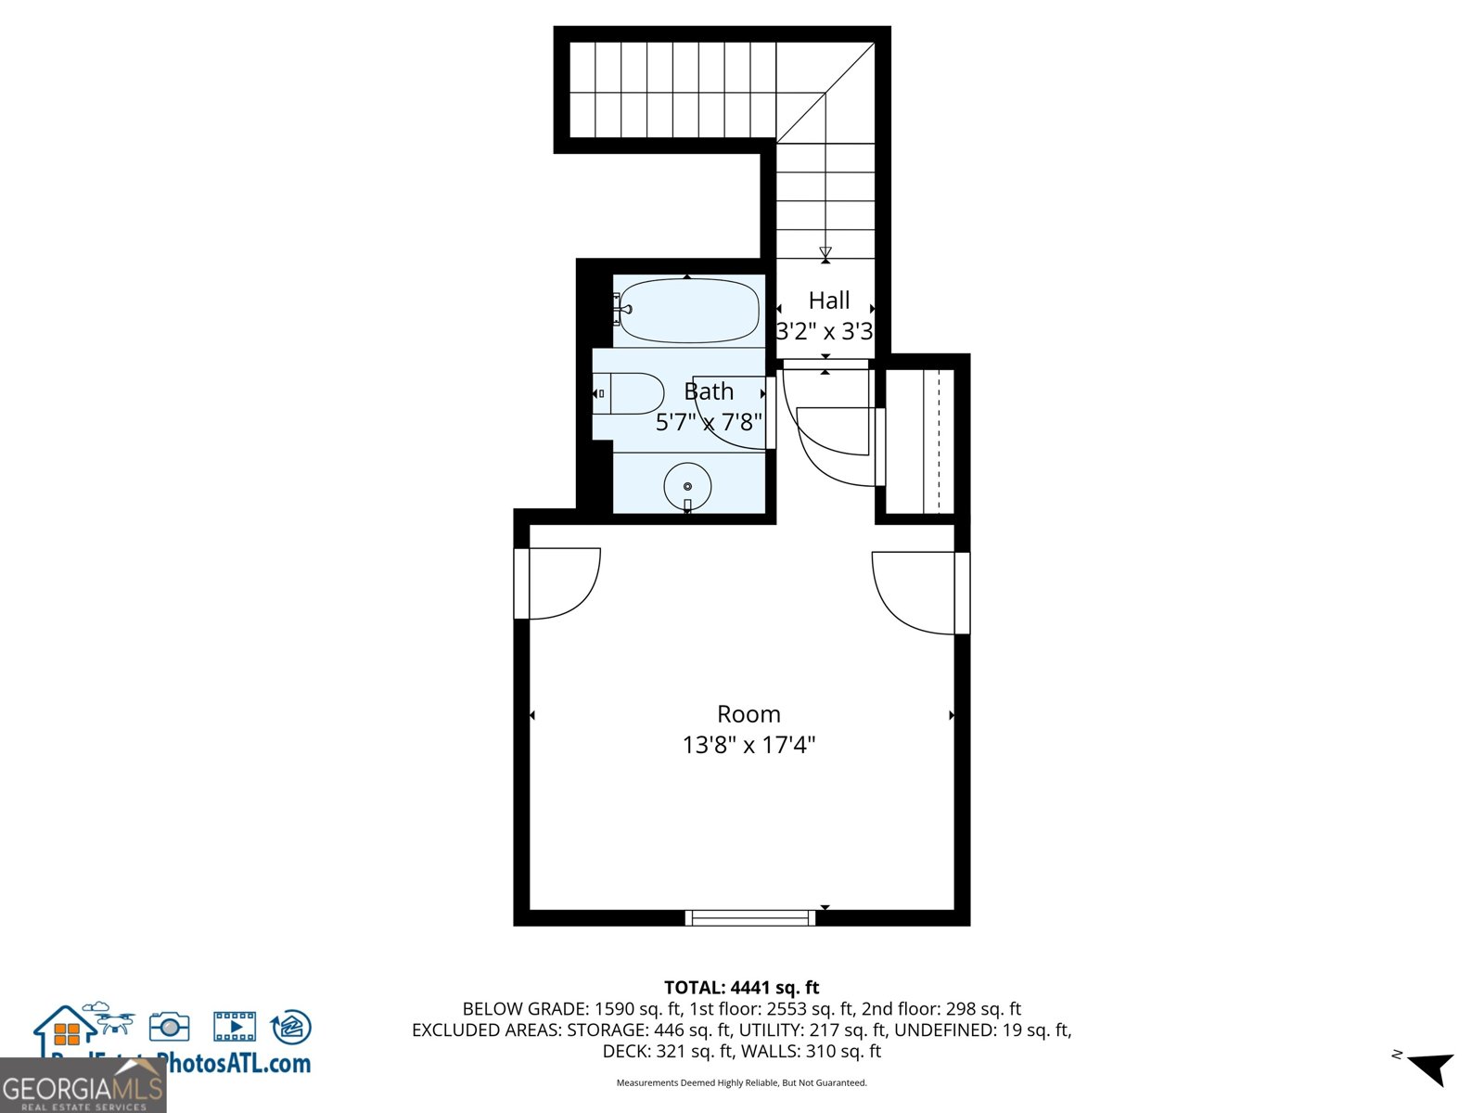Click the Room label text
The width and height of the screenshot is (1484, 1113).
[x=748, y=714]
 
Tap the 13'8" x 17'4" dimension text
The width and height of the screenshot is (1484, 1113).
[x=748, y=745]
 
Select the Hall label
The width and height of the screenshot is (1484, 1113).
[x=828, y=301]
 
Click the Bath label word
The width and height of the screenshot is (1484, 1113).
[x=709, y=391]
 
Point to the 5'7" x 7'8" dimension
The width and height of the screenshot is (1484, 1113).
[x=709, y=423]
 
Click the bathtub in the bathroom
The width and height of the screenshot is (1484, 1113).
[x=689, y=311]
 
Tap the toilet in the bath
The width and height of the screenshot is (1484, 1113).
[x=631, y=394]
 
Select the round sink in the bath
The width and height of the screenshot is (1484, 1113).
[x=687, y=486]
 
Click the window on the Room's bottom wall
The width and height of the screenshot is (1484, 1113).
[x=749, y=918]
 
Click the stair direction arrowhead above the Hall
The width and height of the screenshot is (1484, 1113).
[x=825, y=252]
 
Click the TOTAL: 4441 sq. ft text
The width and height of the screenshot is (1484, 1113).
[x=741, y=988]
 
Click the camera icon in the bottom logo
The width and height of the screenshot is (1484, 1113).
[x=170, y=1027]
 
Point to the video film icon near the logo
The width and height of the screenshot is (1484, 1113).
[x=235, y=1027]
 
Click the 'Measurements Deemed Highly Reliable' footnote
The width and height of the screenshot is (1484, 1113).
[x=741, y=1083]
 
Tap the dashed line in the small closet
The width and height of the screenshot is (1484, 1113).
[x=939, y=441]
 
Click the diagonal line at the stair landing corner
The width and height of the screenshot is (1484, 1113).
[x=825, y=93]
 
